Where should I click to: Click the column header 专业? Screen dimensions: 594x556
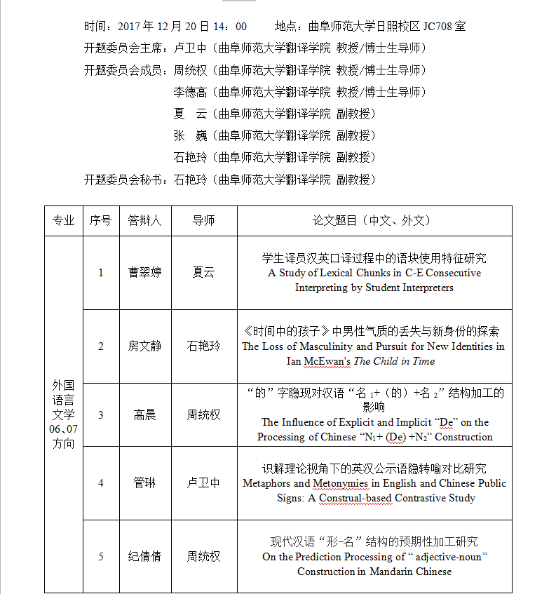point(63,220)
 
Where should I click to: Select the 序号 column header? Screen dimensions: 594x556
point(100,220)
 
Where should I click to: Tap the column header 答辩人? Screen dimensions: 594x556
point(144,220)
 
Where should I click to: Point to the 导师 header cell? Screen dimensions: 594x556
point(203,220)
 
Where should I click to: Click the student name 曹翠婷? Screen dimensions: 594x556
point(144,272)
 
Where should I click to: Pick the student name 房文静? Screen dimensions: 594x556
point(144,346)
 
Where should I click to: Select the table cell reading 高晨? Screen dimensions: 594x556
point(144,414)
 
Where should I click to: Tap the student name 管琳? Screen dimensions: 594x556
point(144,482)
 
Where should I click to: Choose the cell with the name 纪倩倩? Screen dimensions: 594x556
point(144,556)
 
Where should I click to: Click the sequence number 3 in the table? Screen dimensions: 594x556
point(100,414)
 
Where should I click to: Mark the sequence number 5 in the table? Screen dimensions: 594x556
point(100,556)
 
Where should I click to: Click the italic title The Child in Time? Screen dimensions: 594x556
point(394,361)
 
